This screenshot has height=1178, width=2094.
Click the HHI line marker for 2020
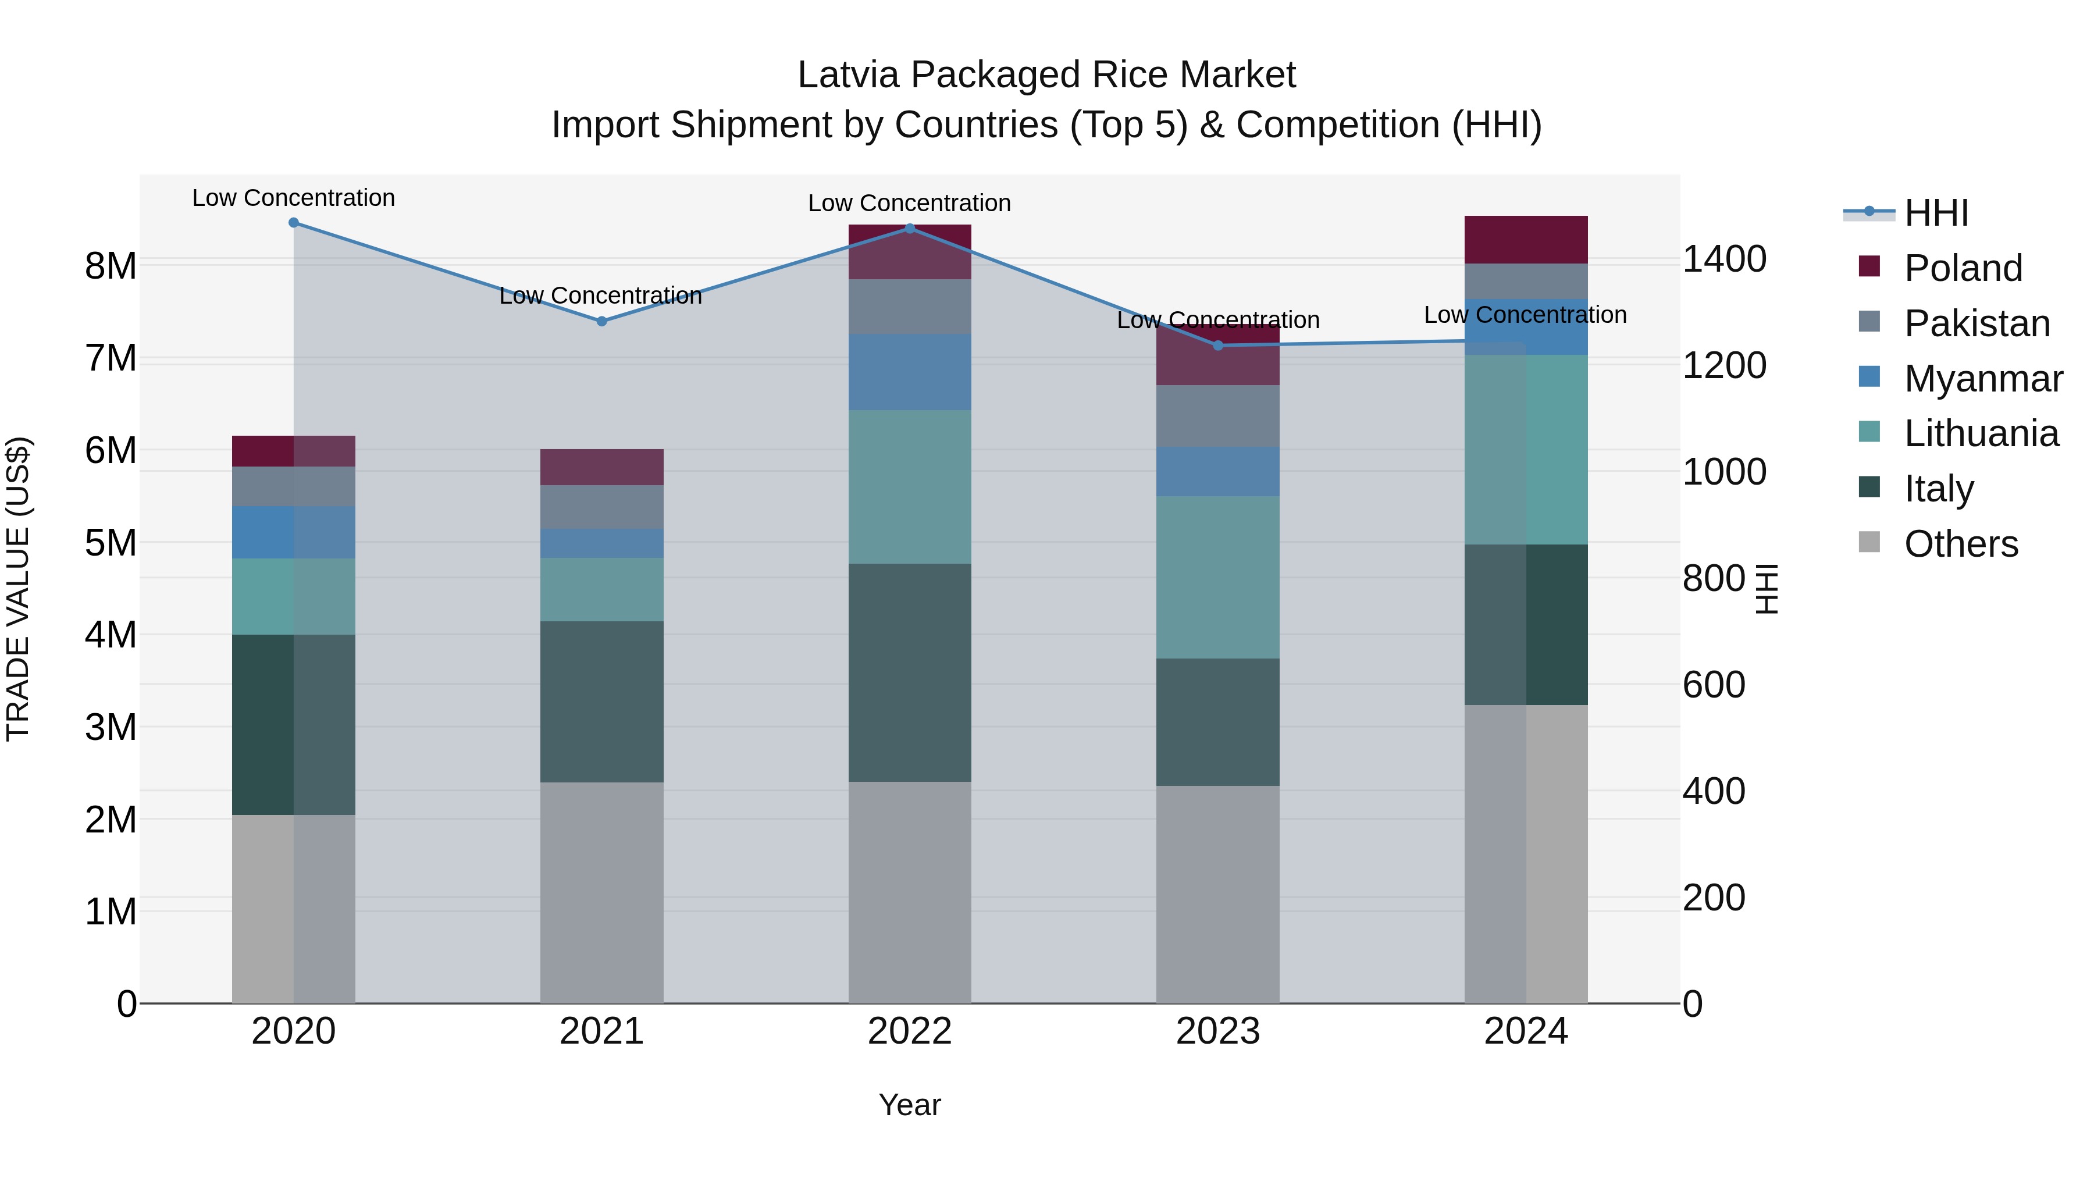point(294,223)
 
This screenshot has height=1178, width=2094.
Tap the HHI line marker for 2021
point(601,321)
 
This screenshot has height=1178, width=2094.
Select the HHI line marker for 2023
point(1217,346)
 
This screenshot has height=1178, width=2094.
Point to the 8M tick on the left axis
point(111,266)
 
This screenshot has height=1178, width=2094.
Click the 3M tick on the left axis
point(111,727)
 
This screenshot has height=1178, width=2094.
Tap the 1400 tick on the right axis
point(1724,259)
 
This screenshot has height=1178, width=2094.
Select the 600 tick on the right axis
point(1714,685)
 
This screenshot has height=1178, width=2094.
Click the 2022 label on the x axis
point(910,1031)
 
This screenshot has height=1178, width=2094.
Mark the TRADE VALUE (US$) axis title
point(19,589)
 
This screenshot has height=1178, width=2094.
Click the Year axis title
point(910,1105)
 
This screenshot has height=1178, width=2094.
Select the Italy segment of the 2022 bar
point(910,672)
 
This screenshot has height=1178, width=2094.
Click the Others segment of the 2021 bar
point(601,892)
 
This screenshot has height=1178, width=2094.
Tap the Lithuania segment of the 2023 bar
point(1217,576)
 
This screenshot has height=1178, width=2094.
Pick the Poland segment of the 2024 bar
point(1526,239)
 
